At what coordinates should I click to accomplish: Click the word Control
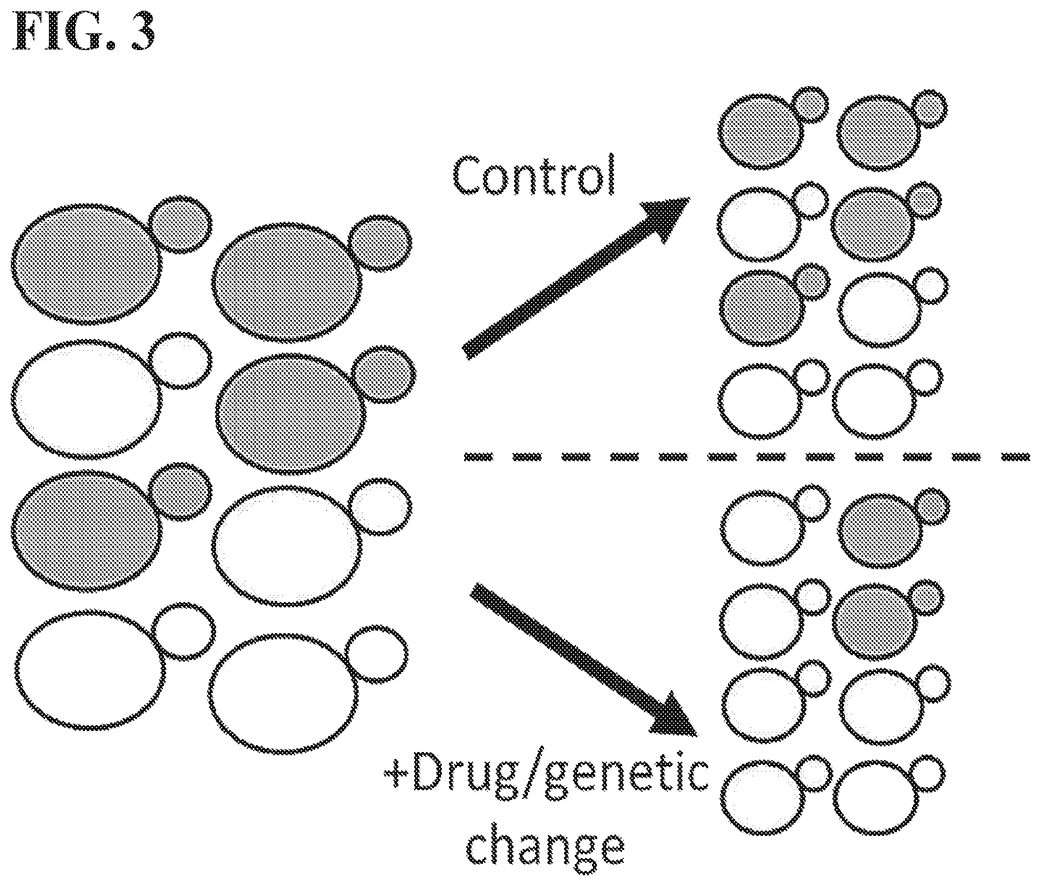[534, 176]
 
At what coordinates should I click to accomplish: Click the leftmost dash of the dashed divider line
[478, 457]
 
